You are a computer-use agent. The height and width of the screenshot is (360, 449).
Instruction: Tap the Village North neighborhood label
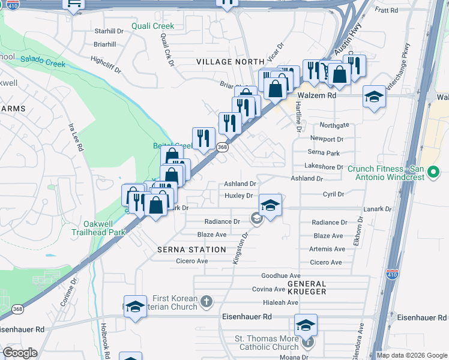click(231, 62)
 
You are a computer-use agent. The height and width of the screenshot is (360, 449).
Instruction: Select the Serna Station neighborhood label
click(191, 249)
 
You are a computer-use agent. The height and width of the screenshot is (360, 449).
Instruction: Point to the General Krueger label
click(306, 287)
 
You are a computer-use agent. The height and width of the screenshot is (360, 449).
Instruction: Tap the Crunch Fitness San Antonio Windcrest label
click(386, 173)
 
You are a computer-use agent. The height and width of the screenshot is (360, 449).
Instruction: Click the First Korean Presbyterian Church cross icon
click(206, 301)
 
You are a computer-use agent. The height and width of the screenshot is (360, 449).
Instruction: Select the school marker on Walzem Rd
click(374, 97)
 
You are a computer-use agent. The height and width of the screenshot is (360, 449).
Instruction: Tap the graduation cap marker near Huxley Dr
click(270, 205)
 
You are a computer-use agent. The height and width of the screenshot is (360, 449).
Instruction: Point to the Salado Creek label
click(43, 61)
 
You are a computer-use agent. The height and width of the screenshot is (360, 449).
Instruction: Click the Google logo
click(20, 353)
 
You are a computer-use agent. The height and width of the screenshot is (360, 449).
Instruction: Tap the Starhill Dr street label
click(109, 31)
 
